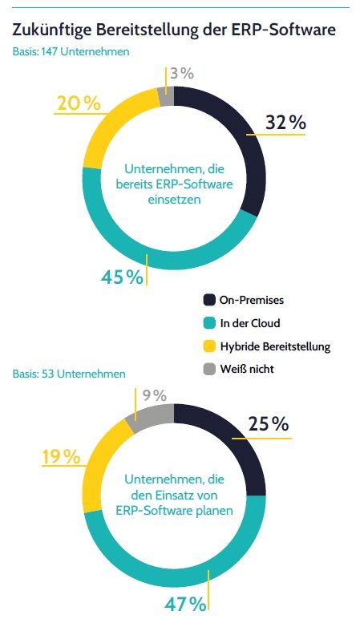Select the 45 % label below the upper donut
[x=122, y=277]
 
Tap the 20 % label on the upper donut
[x=78, y=103]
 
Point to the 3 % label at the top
[x=182, y=73]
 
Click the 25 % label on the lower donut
[x=269, y=424]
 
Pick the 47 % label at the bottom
[x=187, y=603]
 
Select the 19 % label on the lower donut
[x=61, y=457]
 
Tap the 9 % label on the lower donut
[x=154, y=395]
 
